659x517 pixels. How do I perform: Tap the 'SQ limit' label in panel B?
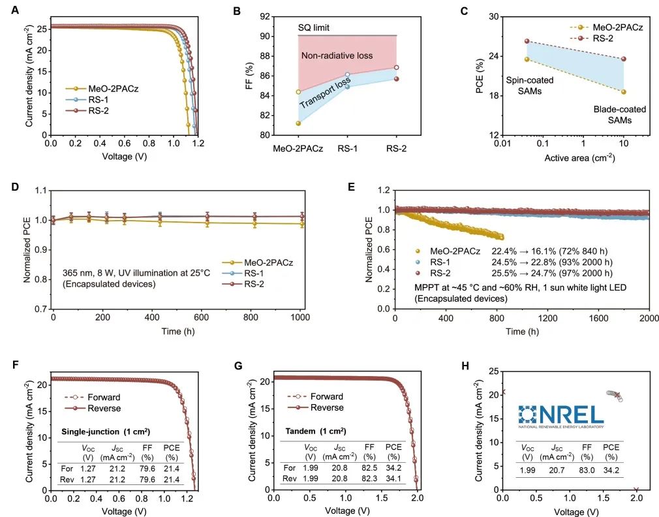pos(314,27)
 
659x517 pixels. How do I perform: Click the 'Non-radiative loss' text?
pos(337,56)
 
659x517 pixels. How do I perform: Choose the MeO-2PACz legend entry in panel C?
pos(617,27)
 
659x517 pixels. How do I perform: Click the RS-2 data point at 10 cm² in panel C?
pos(623,59)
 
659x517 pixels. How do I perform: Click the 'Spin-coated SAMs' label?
pos(530,86)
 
